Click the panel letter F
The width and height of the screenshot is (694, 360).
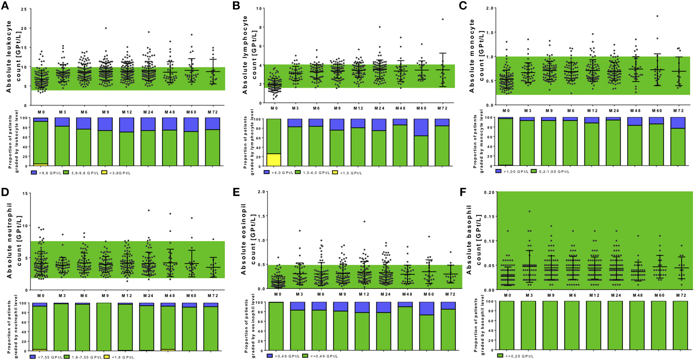point(463,192)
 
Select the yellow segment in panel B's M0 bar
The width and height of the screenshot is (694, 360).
point(274,160)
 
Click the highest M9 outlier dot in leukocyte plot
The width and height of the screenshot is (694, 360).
point(106,28)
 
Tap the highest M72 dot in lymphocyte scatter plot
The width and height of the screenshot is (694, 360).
point(442,19)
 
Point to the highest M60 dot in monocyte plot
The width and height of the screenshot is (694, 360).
point(657,16)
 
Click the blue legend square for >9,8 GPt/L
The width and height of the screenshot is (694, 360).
point(34,172)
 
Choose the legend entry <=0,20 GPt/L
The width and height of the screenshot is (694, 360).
point(515,356)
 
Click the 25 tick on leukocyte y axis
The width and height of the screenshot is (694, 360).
point(24,9)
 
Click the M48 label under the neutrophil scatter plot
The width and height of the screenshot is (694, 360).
point(170,296)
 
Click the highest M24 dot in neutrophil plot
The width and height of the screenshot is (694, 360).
point(149,210)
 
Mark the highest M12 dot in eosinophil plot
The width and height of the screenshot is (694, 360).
point(364,221)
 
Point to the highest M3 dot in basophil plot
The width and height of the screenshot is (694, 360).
point(529,211)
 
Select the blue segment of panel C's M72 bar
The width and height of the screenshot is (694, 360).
point(678,123)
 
